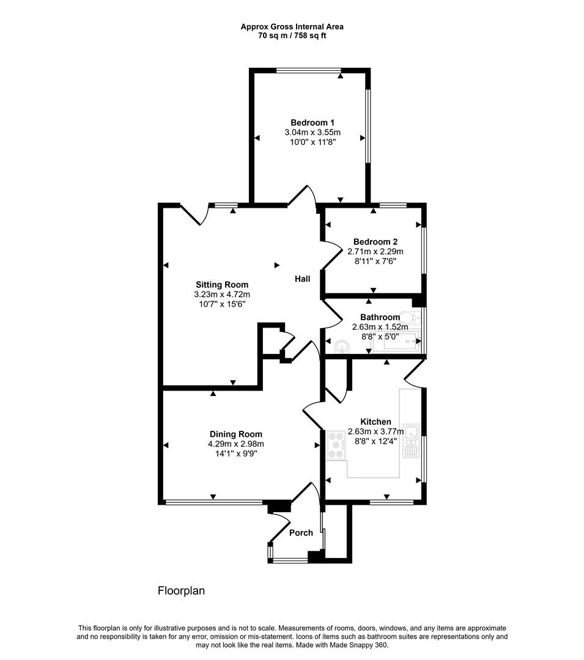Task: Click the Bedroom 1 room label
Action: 312,122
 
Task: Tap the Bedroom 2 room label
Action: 375,241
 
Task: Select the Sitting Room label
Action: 222,285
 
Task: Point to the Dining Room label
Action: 236,434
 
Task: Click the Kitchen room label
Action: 375,422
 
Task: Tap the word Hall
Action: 302,279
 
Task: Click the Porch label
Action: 301,532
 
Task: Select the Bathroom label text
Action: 380,317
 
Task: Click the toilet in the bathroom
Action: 408,317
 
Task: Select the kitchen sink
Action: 410,441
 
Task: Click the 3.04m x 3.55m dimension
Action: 312,132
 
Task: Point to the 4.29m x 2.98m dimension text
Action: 236,444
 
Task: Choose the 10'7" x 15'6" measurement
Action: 222,304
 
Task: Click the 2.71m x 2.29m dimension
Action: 375,251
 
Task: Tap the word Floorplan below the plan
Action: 181,590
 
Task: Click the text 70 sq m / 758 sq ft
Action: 292,35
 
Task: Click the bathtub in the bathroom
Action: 396,342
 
